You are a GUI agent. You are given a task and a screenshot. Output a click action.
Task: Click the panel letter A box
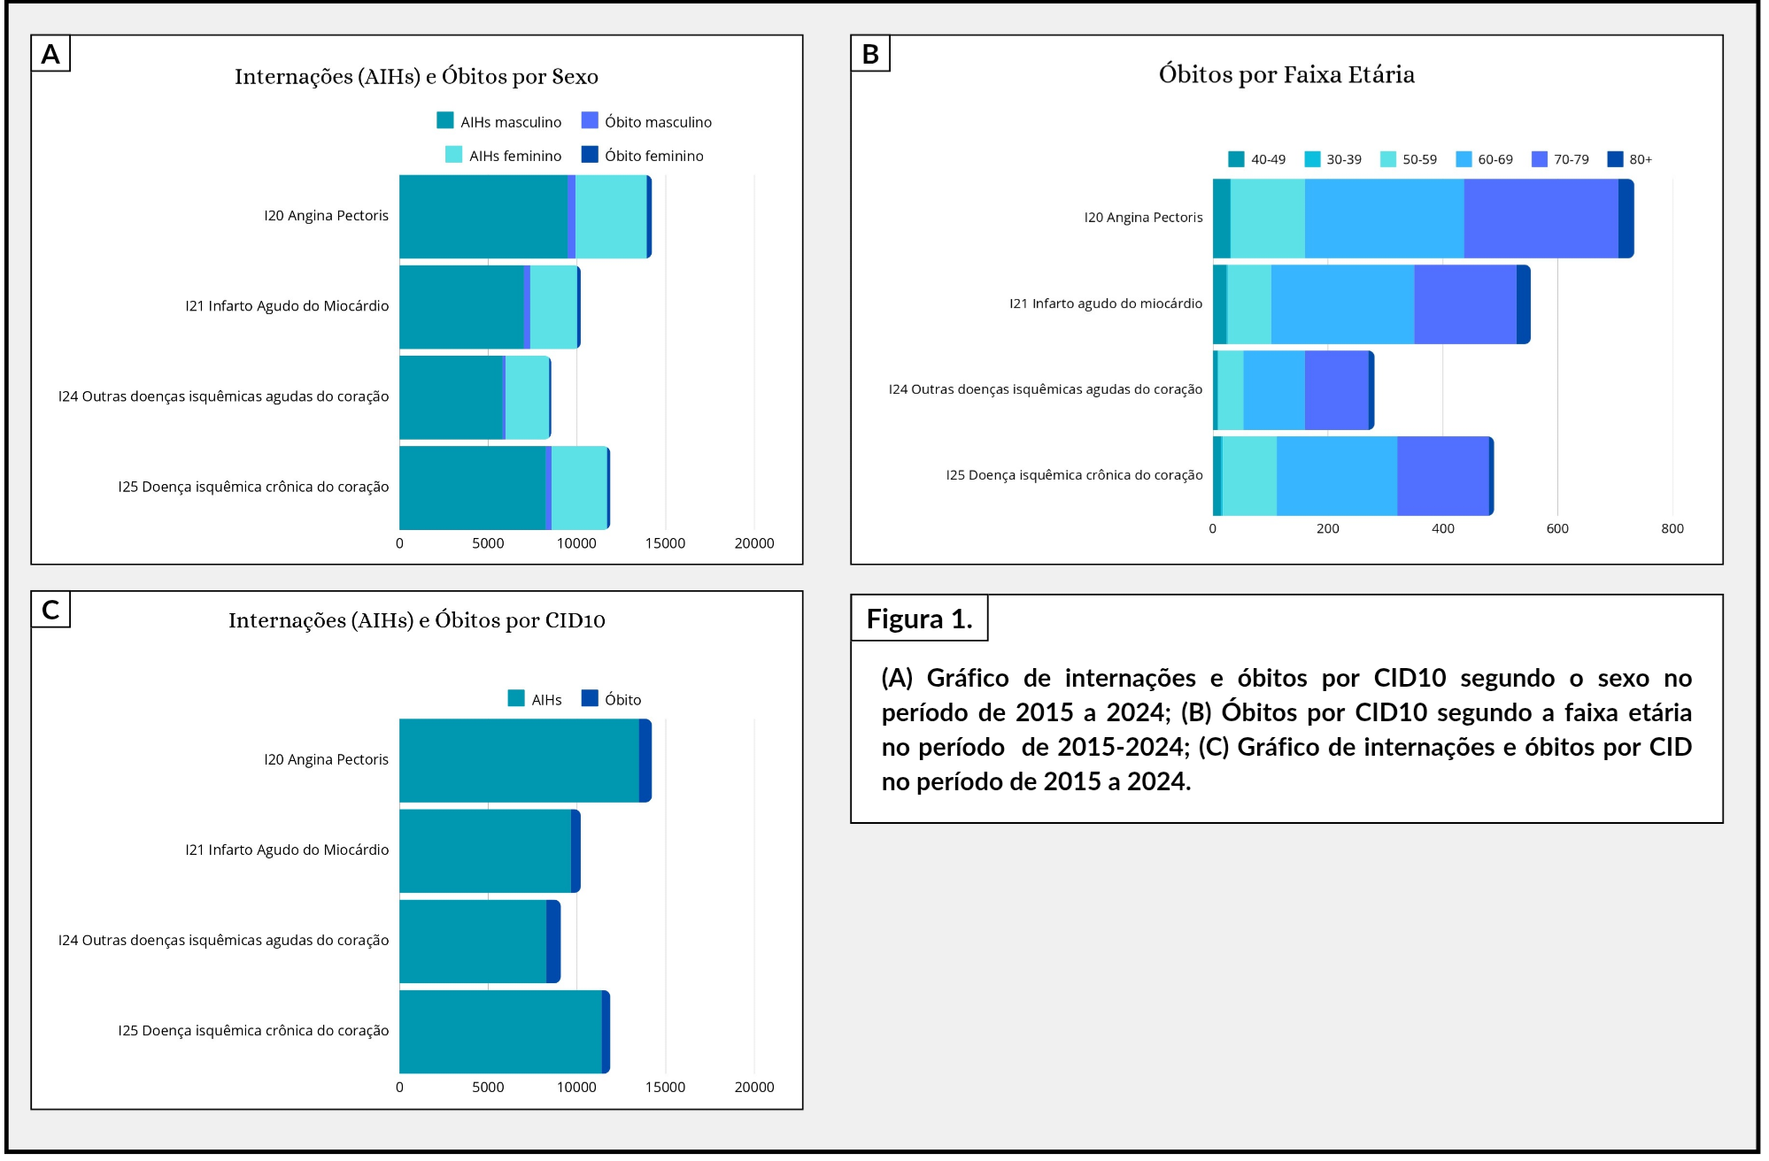50,53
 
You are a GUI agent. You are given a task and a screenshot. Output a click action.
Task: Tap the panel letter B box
870,53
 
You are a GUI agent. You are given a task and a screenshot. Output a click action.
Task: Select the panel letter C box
50,610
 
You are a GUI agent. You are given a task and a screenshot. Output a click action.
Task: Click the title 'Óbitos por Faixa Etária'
1286,74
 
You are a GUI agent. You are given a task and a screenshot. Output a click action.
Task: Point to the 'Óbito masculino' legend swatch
590,120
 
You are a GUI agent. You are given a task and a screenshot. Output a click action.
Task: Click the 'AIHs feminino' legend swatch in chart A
453,154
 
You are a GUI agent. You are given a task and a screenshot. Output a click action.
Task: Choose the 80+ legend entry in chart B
1629,159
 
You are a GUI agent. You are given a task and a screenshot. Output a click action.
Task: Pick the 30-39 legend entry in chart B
1333,159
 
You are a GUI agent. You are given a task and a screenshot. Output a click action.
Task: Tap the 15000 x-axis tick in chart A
665,543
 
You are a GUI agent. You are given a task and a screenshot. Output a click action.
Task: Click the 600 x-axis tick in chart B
1557,528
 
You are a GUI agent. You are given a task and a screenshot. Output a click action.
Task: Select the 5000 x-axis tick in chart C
488,1087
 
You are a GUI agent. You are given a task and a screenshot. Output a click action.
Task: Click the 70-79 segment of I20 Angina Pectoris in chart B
1541,219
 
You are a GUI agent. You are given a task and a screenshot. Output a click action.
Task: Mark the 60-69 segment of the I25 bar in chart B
1337,476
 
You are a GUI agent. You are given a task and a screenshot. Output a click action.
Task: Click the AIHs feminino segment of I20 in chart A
611,217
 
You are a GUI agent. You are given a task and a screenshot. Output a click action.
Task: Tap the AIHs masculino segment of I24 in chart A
451,397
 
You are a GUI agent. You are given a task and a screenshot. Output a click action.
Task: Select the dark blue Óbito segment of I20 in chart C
645,761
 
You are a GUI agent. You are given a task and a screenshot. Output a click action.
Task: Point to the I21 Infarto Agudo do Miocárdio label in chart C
287,850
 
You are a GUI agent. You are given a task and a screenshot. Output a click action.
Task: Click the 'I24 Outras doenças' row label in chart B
1046,389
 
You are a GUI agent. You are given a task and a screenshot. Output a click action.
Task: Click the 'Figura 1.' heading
919,619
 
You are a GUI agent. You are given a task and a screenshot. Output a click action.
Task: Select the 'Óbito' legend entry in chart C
611,699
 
